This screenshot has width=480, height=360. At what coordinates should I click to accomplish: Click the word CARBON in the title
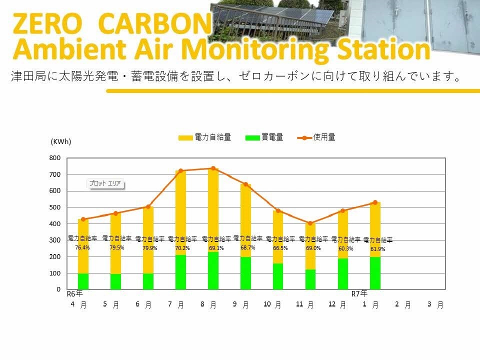click(x=155, y=23)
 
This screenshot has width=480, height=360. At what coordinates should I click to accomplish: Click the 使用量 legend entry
click(x=316, y=137)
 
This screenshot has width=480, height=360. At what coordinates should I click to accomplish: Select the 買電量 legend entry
click(x=264, y=137)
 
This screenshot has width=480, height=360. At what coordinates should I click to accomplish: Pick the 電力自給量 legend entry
click(x=205, y=137)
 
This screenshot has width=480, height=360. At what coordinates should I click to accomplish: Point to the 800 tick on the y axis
click(x=55, y=158)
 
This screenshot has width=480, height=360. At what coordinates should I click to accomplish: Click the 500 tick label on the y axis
click(x=55, y=207)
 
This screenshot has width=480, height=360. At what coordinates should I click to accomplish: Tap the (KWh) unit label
click(x=61, y=141)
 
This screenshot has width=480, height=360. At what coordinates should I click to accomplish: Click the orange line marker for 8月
click(x=213, y=168)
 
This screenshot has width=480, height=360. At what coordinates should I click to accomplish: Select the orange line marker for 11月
click(x=310, y=223)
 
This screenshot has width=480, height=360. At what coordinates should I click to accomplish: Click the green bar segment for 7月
click(x=180, y=272)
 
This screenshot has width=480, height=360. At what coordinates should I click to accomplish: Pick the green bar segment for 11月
click(x=310, y=279)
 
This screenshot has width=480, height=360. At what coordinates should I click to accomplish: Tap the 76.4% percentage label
click(x=82, y=247)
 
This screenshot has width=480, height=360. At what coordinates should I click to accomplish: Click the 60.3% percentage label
click(x=346, y=248)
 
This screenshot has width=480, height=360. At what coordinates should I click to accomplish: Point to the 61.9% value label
click(x=378, y=249)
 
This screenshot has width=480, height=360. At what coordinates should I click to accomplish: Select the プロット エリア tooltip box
click(x=105, y=183)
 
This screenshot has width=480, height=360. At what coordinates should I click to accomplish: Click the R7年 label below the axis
click(x=359, y=294)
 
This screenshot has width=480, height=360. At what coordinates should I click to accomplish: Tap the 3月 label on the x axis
click(x=435, y=304)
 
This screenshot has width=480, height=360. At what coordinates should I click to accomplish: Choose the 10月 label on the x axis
click(x=272, y=304)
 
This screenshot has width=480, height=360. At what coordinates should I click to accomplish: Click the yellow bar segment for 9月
click(x=245, y=220)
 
